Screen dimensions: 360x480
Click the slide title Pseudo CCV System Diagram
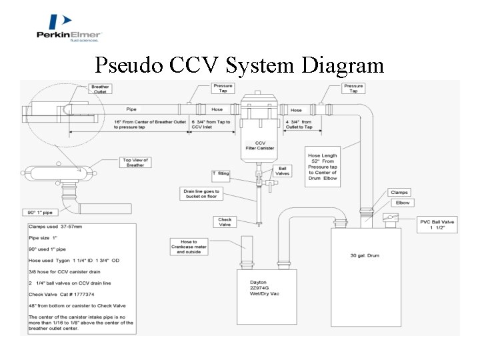pos(239,65)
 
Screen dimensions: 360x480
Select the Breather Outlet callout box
pos(101,89)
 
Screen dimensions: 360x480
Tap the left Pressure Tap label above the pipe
pos(223,89)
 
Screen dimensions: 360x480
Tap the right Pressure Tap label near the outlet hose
pos(353,89)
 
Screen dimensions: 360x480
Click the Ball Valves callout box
pos(283,171)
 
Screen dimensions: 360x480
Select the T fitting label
pos(221,173)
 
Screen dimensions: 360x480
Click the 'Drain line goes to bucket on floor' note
pos(201,194)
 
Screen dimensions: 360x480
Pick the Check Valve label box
pos(225,221)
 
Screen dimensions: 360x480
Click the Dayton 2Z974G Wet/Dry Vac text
pos(264,287)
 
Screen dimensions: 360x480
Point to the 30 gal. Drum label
pos(365,255)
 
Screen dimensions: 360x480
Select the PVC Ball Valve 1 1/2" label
pos(437,225)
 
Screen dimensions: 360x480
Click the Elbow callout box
pos(403,203)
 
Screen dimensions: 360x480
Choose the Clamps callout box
pos(399,192)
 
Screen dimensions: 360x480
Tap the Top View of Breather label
pos(135,163)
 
